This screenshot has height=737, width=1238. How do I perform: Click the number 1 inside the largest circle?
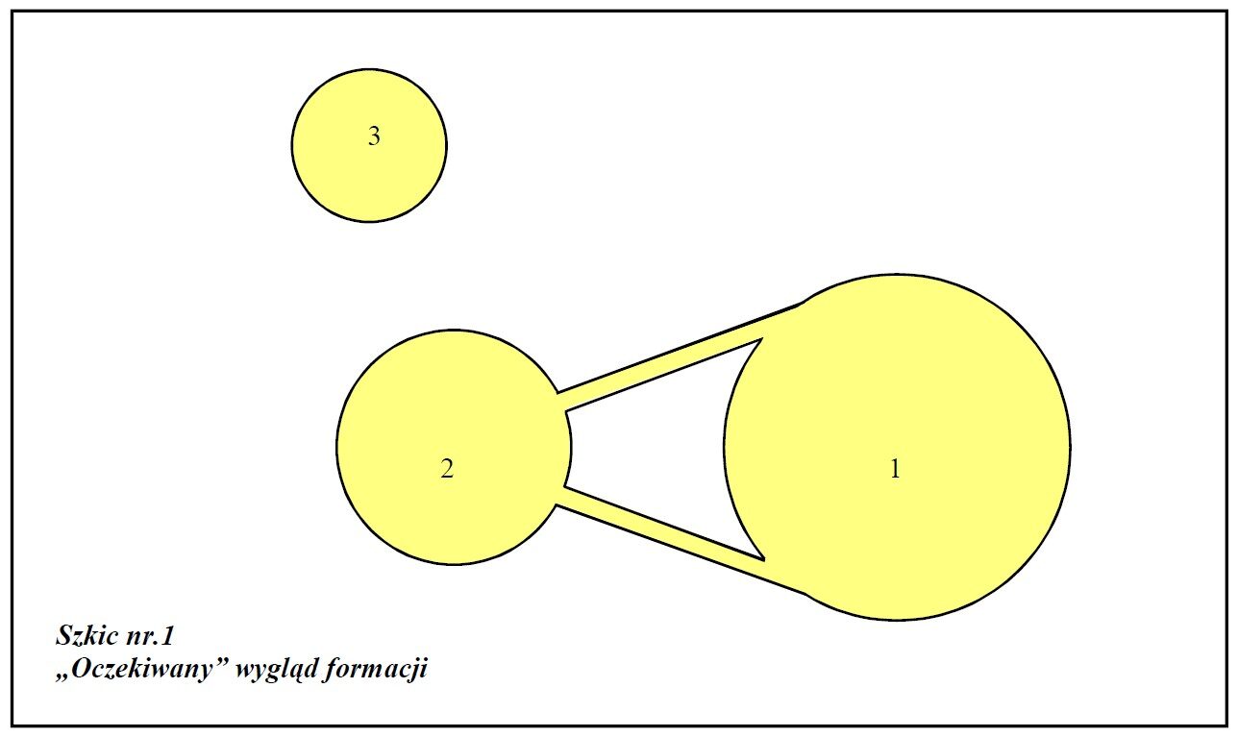895,469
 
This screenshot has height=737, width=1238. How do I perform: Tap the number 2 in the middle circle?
447,469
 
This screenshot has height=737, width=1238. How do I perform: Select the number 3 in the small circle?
374,135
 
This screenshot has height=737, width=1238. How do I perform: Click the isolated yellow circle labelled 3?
369,146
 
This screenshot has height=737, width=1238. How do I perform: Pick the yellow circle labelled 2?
454,447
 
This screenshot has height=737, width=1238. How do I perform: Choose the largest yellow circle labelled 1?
898,447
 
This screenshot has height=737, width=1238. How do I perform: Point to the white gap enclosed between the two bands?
652,449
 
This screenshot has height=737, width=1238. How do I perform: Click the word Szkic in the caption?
87,636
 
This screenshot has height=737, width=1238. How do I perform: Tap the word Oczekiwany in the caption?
142,670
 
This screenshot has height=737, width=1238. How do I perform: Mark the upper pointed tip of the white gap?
763,338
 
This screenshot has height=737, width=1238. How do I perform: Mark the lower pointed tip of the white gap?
764,560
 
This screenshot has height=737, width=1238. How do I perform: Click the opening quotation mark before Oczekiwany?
62,677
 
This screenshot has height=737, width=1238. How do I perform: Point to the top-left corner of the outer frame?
12,12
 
